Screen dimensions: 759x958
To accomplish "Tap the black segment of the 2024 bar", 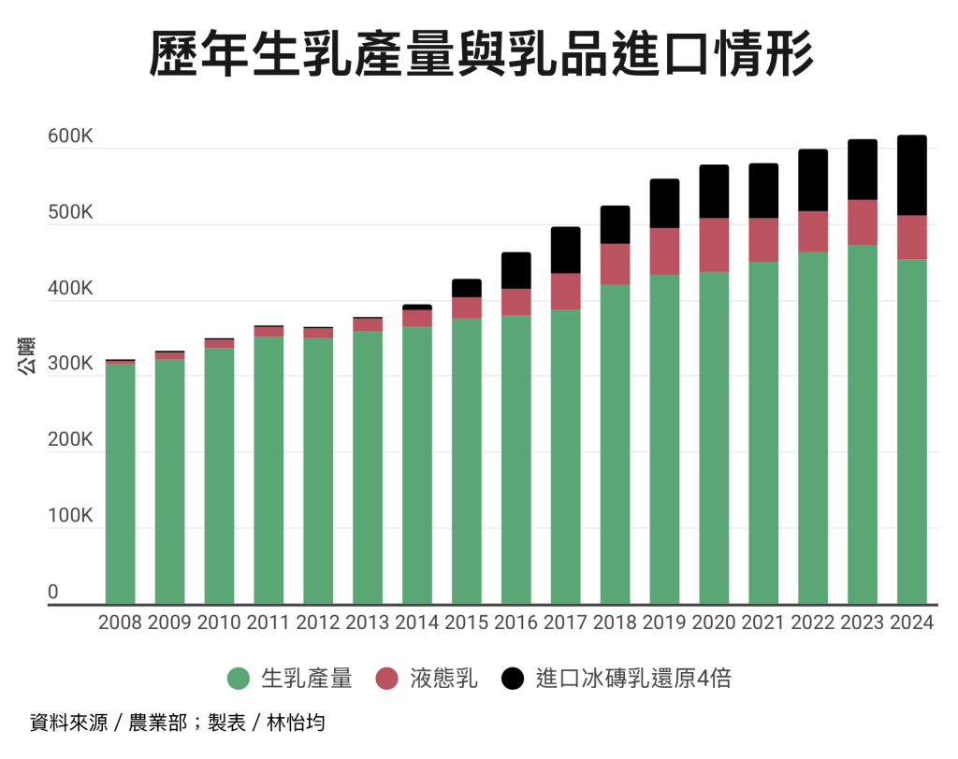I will (x=911, y=176).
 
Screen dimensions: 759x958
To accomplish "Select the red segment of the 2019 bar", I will (x=664, y=251).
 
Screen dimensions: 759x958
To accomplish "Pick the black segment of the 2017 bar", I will (x=565, y=250).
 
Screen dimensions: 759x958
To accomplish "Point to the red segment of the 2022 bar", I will (x=812, y=231).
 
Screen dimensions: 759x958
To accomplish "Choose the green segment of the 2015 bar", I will (x=466, y=461).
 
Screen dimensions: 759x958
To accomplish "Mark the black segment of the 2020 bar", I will (x=714, y=192).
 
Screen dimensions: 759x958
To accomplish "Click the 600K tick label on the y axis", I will (x=70, y=136).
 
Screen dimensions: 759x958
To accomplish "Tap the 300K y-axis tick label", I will (x=70, y=365).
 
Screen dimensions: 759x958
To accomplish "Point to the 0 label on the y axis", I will (x=53, y=593).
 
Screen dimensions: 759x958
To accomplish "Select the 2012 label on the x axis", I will (x=318, y=623).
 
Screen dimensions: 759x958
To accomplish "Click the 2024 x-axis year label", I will (x=911, y=623).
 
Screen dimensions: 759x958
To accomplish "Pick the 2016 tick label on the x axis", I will (x=515, y=623).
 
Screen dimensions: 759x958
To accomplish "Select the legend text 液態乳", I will (x=443, y=679).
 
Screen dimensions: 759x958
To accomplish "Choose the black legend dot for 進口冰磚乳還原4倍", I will (x=514, y=679).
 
